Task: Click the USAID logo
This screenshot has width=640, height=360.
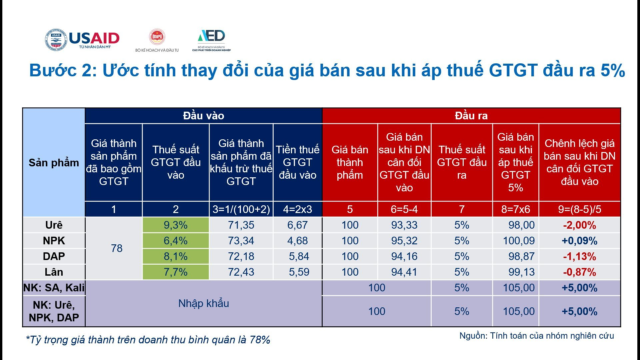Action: [x=82, y=40]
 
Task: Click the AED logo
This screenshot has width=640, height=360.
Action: [x=211, y=40]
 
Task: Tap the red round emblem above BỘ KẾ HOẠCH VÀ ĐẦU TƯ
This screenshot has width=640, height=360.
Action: [x=157, y=37]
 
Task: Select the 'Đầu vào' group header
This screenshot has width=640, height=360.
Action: [x=203, y=116]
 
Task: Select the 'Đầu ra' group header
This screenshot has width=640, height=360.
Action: [x=471, y=116]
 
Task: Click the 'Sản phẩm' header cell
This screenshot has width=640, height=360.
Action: [x=54, y=162]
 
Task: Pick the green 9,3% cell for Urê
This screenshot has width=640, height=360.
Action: [x=176, y=225]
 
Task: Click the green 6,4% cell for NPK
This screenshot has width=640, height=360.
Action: [x=176, y=241]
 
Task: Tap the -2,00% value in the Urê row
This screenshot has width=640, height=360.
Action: [x=579, y=225]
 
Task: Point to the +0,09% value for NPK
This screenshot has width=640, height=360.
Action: [x=579, y=241]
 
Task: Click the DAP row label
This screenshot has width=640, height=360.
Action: [x=54, y=256]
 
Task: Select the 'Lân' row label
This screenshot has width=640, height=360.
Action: [x=54, y=272]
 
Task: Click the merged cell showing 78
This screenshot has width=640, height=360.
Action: [x=117, y=248]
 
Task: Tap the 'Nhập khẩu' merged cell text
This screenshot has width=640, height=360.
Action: [x=203, y=303]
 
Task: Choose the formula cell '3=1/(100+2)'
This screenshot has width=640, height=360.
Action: [x=241, y=209]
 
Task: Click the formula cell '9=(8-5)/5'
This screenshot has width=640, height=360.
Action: [x=579, y=209]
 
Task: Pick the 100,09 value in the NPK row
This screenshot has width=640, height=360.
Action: [x=519, y=241]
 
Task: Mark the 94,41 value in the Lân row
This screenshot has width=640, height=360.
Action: [x=404, y=272]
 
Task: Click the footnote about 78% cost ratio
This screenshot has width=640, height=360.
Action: [x=148, y=340]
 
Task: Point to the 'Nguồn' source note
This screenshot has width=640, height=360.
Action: [x=537, y=336]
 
